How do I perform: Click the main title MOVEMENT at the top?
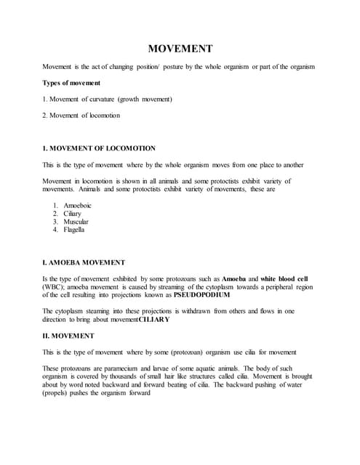click(x=180, y=49)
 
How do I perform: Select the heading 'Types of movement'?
click(x=71, y=83)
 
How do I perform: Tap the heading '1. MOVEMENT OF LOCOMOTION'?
click(x=99, y=147)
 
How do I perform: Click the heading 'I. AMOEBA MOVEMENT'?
click(x=84, y=262)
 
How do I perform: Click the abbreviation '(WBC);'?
click(x=54, y=288)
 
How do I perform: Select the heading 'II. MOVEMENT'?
click(x=68, y=336)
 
